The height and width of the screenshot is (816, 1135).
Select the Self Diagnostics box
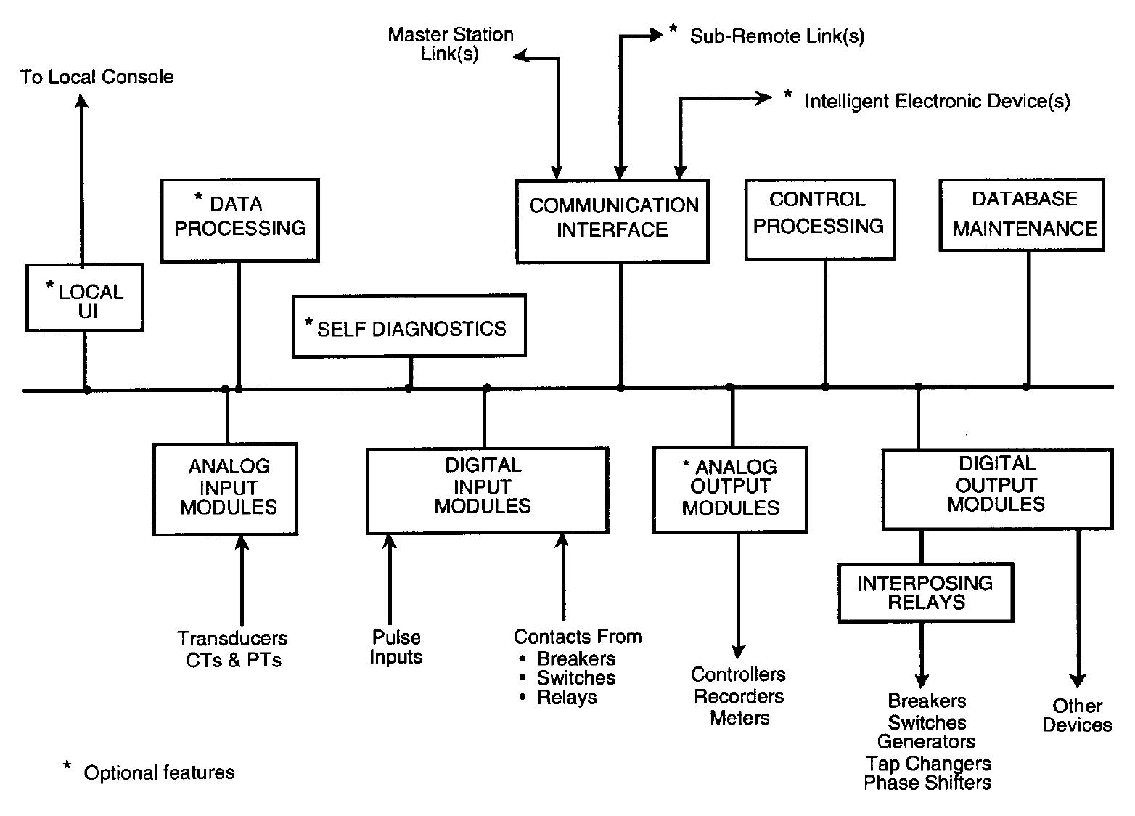tap(409, 326)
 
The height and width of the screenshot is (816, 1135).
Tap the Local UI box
tap(85, 298)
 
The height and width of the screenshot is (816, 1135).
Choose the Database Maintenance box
tap(1022, 215)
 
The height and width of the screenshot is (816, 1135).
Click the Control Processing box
tap(819, 219)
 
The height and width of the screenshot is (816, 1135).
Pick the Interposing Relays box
tap(925, 592)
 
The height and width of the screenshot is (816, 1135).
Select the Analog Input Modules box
tap(226, 489)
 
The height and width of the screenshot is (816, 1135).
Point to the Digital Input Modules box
tap(487, 490)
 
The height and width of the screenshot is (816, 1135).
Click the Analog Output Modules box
tap(730, 489)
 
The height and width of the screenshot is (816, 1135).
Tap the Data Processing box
tap(239, 220)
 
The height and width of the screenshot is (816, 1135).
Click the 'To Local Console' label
tap(97, 77)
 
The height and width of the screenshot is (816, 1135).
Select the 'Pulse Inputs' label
tap(396, 647)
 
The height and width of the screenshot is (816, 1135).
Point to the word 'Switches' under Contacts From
tap(575, 678)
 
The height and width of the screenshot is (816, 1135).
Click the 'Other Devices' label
tap(1077, 715)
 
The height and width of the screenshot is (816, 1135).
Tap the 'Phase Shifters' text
tap(927, 783)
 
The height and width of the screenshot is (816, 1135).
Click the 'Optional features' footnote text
tap(159, 772)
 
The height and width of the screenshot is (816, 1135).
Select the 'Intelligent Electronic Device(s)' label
tap(937, 101)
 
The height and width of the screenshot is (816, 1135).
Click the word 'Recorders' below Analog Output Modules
tap(739, 697)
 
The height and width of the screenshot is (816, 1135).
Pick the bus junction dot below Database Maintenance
tap(1026, 386)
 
